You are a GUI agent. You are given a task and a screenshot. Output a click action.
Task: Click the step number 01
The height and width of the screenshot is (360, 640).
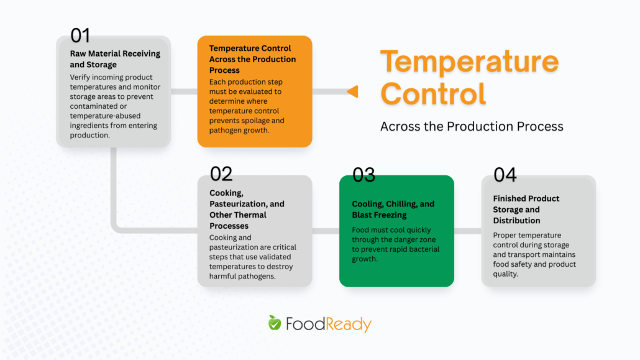tap(80, 35)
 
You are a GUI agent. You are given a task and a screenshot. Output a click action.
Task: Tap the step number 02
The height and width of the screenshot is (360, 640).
tap(221, 173)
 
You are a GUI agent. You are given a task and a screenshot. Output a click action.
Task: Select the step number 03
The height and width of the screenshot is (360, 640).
tap(363, 175)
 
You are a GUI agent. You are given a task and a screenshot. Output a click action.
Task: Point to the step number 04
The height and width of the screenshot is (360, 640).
tap(505, 175)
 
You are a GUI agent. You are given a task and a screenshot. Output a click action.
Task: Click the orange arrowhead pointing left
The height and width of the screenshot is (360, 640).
tap(352, 92)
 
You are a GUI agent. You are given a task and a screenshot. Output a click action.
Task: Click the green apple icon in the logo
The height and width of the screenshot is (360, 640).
tap(274, 323)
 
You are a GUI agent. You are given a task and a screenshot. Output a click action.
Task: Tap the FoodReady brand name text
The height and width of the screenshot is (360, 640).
tap(328, 325)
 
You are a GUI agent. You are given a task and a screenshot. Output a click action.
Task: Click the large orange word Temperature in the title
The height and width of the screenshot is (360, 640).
tap(469, 62)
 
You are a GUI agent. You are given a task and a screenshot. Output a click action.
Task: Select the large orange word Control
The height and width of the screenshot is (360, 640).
tap(432, 94)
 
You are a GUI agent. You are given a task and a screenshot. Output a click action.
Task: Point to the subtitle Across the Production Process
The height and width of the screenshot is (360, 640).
tap(472, 127)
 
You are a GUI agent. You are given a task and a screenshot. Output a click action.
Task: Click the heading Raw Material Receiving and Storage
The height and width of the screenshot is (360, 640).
tap(115, 59)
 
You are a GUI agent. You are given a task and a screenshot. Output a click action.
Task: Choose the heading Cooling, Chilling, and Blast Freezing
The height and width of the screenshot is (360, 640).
tap(393, 210)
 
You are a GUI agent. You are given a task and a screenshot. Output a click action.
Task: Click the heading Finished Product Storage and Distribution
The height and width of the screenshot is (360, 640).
tap(526, 210)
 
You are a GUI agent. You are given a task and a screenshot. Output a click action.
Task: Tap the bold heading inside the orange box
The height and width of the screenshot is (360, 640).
tap(252, 59)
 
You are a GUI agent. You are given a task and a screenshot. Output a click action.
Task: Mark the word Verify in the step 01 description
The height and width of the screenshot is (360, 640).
tap(81, 77)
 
